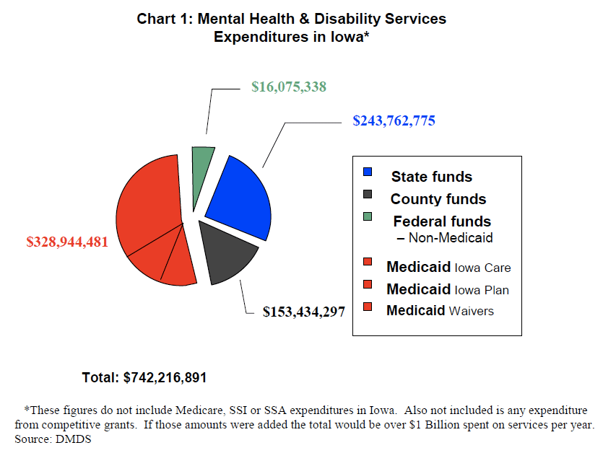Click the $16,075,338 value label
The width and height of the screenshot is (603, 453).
click(289, 87)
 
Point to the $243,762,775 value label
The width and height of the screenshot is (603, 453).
click(394, 120)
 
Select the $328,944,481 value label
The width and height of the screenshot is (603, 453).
click(67, 242)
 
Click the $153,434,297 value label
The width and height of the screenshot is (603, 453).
click(304, 312)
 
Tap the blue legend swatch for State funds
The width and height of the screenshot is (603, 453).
click(368, 172)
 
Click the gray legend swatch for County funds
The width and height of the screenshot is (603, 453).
click(368, 194)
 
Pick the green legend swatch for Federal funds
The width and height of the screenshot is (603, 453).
click(368, 216)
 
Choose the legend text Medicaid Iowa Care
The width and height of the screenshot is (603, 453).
click(448, 267)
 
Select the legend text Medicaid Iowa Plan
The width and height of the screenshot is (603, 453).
click(448, 289)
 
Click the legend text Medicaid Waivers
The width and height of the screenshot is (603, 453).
click(440, 310)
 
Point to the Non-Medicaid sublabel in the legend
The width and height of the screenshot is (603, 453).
click(445, 238)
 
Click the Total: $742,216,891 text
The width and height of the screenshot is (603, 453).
click(144, 377)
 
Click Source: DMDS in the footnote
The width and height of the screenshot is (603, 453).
click(53, 439)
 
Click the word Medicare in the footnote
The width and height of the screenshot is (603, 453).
click(199, 410)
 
